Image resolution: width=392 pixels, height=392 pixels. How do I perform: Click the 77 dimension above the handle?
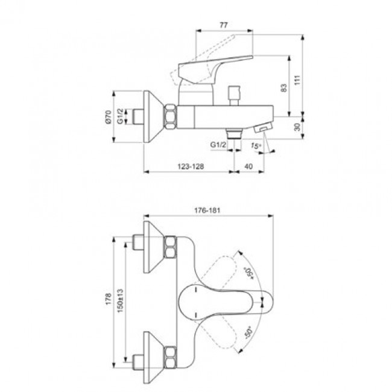tap(223, 25)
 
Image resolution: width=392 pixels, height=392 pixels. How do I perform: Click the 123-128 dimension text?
tap(187, 167)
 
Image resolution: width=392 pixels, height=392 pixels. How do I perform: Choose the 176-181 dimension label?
tap(207, 210)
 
